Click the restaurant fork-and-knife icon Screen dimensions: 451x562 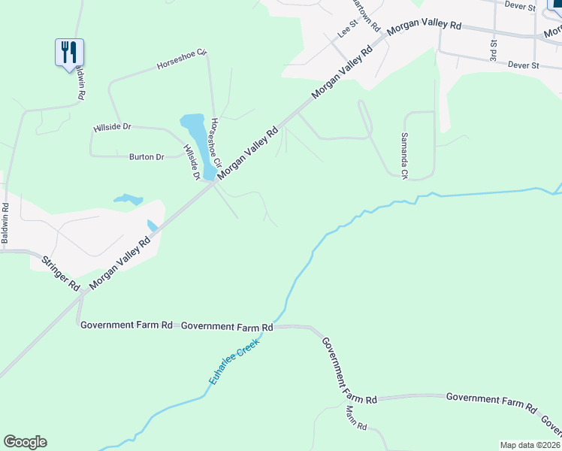pos(69,52)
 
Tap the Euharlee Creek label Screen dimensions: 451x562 pos(234,362)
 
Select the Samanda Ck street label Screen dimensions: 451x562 pos(403,154)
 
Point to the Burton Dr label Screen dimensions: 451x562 pos(147,157)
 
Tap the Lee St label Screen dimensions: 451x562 pos(345,31)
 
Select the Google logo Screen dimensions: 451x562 pos(25,442)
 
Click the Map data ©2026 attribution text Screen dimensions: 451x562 pos(529,445)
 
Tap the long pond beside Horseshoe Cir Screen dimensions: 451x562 pos(195,135)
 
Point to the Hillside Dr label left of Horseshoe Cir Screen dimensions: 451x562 pos(112,128)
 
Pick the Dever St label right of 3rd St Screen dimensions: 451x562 pos(524,66)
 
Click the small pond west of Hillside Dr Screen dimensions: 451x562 pos(128,200)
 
